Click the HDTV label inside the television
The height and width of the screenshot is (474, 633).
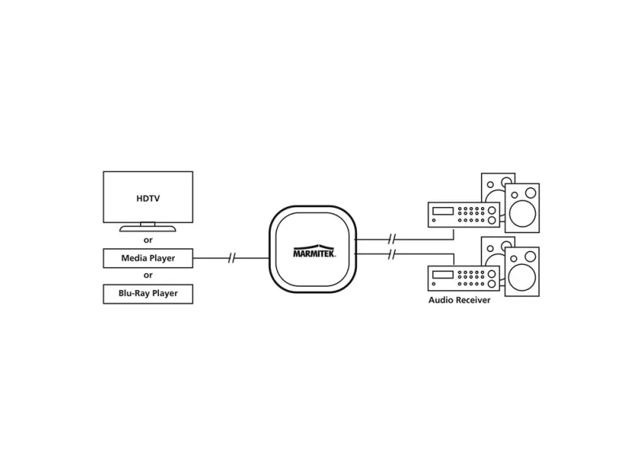pyautogui.click(x=148, y=198)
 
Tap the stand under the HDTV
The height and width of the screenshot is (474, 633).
pyautogui.click(x=148, y=229)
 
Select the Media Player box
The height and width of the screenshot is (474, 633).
pyautogui.click(x=148, y=258)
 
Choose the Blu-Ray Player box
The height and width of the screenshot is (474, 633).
pyautogui.click(x=148, y=294)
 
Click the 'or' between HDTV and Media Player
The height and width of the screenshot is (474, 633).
pyautogui.click(x=148, y=240)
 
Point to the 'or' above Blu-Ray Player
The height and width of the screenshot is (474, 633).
pyautogui.click(x=148, y=276)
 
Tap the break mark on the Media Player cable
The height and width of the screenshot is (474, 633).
pyautogui.click(x=231, y=258)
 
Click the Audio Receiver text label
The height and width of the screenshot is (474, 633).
pyautogui.click(x=459, y=300)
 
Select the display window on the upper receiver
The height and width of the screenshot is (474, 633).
pyautogui.click(x=443, y=210)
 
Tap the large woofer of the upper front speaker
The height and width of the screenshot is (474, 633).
pyautogui.click(x=523, y=213)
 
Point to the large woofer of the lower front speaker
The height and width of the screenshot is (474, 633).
pyautogui.click(x=523, y=276)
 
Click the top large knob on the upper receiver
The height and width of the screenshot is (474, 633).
pyautogui.click(x=492, y=210)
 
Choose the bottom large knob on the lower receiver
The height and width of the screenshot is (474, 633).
pyautogui.click(x=492, y=283)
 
